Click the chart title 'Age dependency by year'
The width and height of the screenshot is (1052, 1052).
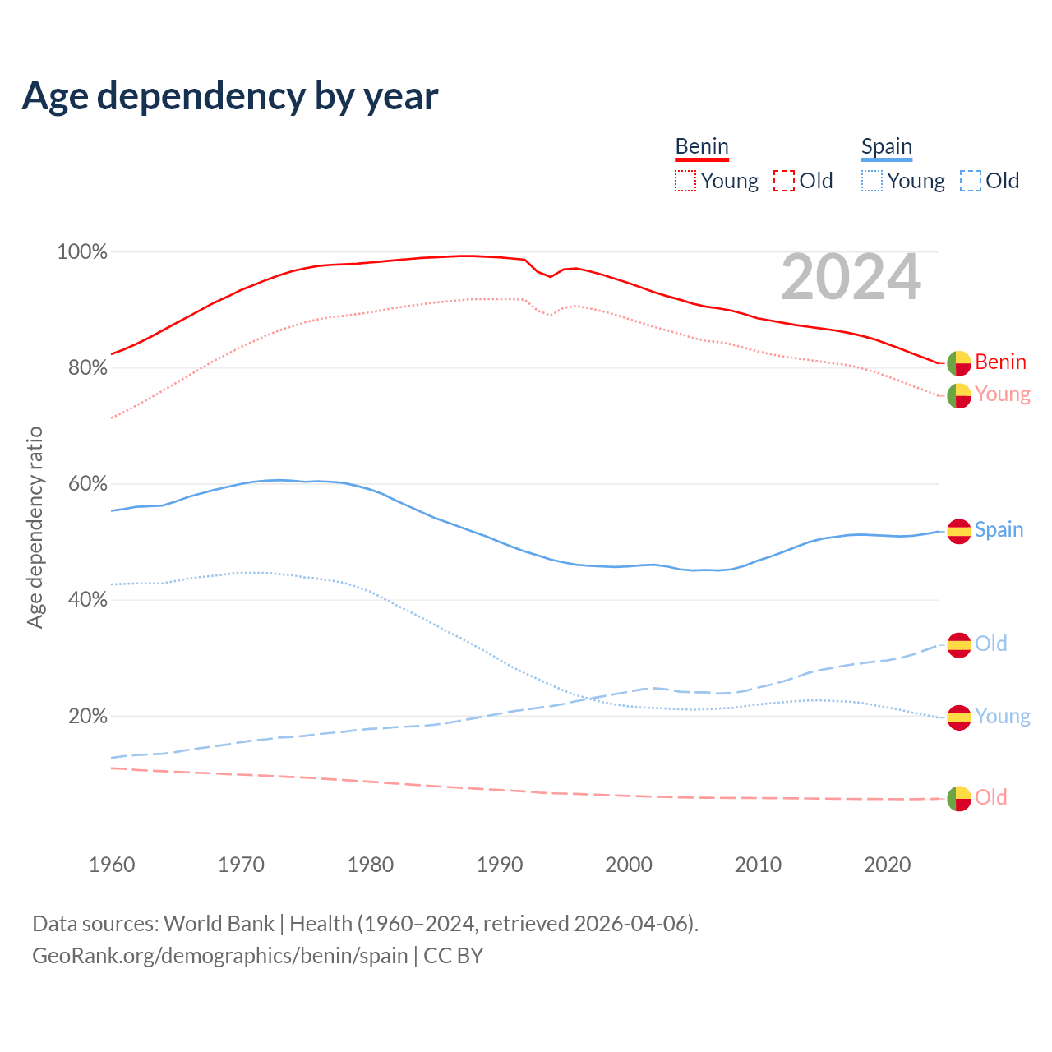click(x=230, y=95)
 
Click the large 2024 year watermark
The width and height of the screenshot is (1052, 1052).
click(x=851, y=277)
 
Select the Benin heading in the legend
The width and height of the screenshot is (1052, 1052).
click(x=702, y=146)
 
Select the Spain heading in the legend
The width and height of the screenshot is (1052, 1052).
click(x=886, y=146)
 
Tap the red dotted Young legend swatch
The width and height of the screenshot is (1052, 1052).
click(x=685, y=181)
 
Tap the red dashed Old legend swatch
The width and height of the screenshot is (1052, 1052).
click(x=784, y=181)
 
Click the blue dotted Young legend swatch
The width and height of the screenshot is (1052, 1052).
click(x=872, y=181)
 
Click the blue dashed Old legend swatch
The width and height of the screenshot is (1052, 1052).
click(x=971, y=181)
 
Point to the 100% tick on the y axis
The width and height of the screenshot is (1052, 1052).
click(x=82, y=252)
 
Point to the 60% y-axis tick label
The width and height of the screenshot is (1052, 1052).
click(x=87, y=484)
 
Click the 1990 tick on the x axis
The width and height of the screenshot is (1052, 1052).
click(x=500, y=865)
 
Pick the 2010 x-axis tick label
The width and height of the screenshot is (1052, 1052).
click(x=758, y=865)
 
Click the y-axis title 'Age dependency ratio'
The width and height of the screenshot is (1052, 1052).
click(x=35, y=527)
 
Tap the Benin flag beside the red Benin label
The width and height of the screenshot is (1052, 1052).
click(x=959, y=362)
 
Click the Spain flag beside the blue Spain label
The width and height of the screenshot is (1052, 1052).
click(x=959, y=531)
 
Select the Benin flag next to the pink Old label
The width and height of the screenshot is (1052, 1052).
click(x=959, y=798)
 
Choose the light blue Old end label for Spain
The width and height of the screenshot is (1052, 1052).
click(x=990, y=644)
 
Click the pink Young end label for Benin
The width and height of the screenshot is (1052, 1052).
click(x=1002, y=394)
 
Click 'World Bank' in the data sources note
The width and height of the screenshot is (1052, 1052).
click(x=219, y=924)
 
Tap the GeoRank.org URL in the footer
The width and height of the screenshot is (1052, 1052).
click(x=220, y=956)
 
